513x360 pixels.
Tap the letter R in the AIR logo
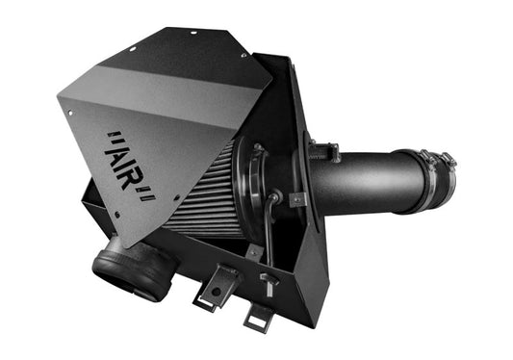pos(130,179)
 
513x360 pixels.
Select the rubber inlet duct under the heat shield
pos(134,270)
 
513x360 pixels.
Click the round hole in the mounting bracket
pos(216,291)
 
